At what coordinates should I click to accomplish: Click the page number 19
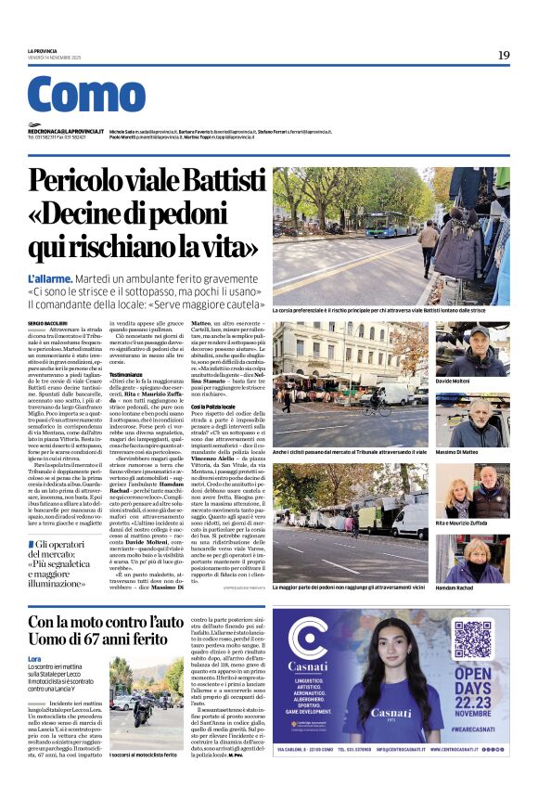(x=503, y=55)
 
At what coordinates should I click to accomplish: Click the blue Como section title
(x=86, y=95)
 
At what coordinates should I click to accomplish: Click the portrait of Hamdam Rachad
(x=472, y=559)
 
